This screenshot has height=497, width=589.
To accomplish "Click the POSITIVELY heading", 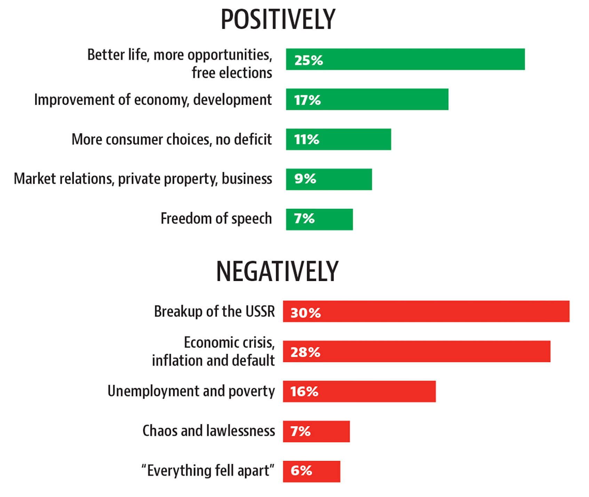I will tap(278, 20).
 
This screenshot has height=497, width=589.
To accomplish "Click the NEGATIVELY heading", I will tap(277, 272).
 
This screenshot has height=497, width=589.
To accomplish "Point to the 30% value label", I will tap(305, 313).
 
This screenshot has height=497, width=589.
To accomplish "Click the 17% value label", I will tap(307, 100).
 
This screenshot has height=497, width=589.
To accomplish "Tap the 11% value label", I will tap(307, 139).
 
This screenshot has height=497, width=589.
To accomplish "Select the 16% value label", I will tap(304, 392).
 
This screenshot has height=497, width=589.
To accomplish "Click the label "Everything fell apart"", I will tap(208, 471).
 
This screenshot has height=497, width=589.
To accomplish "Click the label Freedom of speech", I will tap(216, 219).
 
